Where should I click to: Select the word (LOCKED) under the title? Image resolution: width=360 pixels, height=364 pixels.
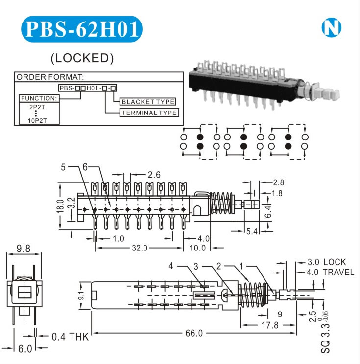(x=82, y=58)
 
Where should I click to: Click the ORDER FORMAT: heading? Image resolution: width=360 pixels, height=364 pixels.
(x=51, y=77)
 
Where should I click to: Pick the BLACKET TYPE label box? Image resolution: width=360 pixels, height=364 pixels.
(x=147, y=102)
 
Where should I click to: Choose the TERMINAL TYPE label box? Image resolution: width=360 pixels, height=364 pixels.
(x=149, y=113)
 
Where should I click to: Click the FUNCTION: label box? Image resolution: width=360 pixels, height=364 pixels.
(x=39, y=98)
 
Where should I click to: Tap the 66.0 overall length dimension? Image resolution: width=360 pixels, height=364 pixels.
(x=194, y=333)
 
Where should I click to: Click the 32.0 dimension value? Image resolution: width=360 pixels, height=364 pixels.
(x=139, y=248)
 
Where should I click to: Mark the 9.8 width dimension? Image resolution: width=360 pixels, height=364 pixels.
(x=24, y=249)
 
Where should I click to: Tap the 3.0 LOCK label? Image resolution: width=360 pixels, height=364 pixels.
(x=326, y=262)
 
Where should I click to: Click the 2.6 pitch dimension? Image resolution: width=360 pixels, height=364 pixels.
(x=154, y=175)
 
